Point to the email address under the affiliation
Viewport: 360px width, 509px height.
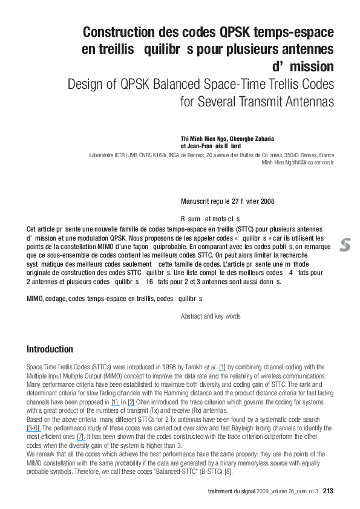pyautogui.click(x=298, y=163)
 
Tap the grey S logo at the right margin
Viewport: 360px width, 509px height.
pyautogui.click(x=345, y=245)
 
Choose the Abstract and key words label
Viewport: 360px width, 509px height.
pyautogui.click(x=211, y=316)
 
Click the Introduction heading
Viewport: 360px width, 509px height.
pyautogui.click(x=50, y=349)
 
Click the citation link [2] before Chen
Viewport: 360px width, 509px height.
pyautogui.click(x=131, y=401)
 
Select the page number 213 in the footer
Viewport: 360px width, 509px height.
pyautogui.click(x=328, y=490)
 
